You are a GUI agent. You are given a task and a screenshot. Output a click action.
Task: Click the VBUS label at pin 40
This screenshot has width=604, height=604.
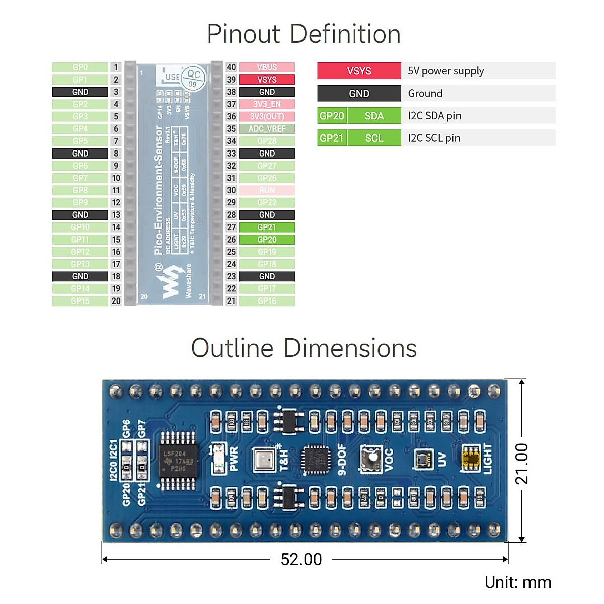point(267,67)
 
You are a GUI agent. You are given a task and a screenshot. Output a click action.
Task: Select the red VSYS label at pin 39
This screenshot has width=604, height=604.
point(267,80)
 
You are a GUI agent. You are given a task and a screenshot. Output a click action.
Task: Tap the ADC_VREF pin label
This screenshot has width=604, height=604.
point(267,129)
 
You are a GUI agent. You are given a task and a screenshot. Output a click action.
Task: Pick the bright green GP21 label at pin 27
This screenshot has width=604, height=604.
point(267,228)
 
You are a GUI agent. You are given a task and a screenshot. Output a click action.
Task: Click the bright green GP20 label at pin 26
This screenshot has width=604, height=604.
point(267,240)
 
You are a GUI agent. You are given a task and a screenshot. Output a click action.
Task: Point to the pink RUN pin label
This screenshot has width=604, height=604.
point(267,190)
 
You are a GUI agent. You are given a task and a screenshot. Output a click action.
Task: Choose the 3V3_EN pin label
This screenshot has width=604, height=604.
point(267,104)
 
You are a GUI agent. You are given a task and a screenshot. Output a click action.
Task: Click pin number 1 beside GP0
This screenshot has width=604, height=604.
point(116,67)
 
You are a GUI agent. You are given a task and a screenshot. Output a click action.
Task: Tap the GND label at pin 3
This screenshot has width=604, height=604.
point(80,92)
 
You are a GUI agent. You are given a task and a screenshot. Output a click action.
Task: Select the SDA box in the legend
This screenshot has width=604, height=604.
point(374,116)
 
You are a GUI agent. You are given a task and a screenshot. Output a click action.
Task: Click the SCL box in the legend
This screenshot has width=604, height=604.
point(374,138)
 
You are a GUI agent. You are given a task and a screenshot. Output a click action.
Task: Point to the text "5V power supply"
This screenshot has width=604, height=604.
point(446,71)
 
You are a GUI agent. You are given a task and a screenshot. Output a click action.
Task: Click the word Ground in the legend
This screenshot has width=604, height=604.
point(425,94)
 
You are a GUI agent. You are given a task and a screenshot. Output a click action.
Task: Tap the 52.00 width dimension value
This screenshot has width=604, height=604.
point(301,559)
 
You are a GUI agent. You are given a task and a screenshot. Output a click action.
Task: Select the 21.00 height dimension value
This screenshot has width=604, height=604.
point(522,464)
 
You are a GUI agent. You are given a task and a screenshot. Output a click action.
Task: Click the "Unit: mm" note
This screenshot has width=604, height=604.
point(518,582)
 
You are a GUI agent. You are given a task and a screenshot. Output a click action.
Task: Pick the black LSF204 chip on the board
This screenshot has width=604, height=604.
point(177,461)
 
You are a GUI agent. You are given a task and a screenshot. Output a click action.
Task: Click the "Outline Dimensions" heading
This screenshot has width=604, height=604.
point(304,348)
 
